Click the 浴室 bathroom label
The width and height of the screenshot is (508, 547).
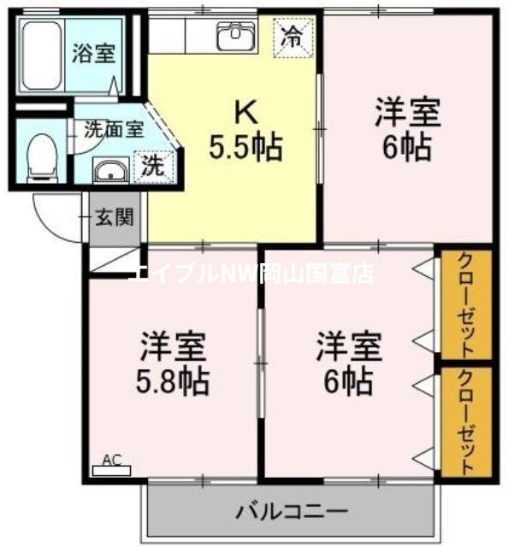(94, 52)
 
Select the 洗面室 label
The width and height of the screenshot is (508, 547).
(113, 131)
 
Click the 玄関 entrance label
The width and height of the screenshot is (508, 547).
(114, 217)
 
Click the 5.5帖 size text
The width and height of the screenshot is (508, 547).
(245, 148)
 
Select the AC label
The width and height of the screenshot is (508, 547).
(111, 460)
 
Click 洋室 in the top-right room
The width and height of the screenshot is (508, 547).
(407, 112)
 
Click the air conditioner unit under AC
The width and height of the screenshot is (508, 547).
(111, 470)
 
